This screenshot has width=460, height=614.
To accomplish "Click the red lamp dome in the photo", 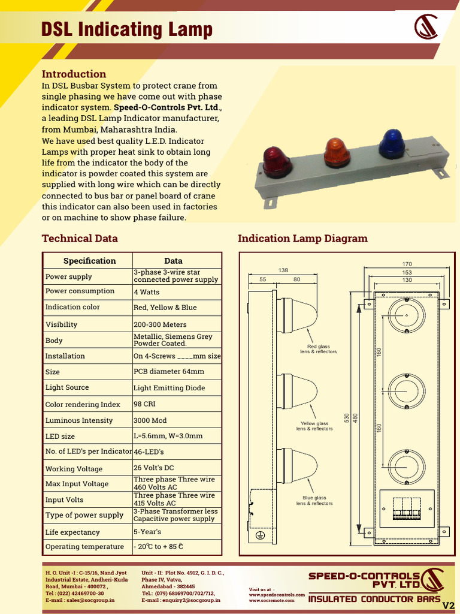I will [277, 162].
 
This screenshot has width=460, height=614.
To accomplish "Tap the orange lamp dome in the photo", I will [337, 152].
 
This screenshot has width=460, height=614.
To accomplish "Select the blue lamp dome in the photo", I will [392, 143].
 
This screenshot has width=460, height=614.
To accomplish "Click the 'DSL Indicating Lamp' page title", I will [126, 29].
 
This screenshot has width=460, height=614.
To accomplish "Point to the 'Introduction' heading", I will [74, 74].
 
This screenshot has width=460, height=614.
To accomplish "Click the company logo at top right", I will [426, 28].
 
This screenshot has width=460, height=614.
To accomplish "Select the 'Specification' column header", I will [89, 261].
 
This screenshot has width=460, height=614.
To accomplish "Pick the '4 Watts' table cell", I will [147, 292].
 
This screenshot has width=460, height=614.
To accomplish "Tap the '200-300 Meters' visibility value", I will [160, 324].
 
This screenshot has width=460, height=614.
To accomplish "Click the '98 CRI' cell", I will [144, 404].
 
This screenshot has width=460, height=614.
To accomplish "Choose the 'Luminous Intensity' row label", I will [79, 420].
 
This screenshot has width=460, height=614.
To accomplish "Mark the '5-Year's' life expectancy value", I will [147, 532].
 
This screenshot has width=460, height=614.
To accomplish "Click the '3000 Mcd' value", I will [150, 420].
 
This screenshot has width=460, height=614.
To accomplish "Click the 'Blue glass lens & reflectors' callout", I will [314, 501].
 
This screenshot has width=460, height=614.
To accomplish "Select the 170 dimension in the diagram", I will [407, 264].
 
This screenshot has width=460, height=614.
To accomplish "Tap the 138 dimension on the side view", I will [283, 270].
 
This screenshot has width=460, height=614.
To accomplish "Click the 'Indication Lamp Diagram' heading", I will [302, 238].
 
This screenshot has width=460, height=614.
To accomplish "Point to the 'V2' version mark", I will [448, 604].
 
